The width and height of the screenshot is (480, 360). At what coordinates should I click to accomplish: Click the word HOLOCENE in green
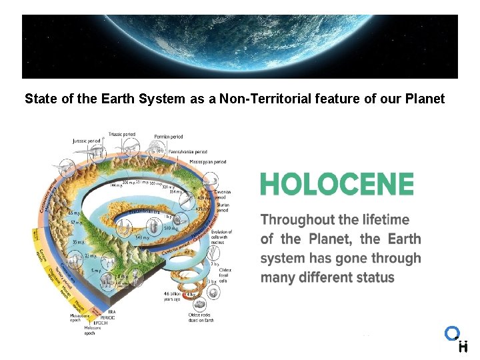(337, 183)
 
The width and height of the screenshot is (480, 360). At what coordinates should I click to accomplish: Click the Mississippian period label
(207, 161)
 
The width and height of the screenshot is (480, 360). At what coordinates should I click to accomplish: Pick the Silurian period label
(223, 207)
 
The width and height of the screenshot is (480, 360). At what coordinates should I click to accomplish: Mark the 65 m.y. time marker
(74, 214)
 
